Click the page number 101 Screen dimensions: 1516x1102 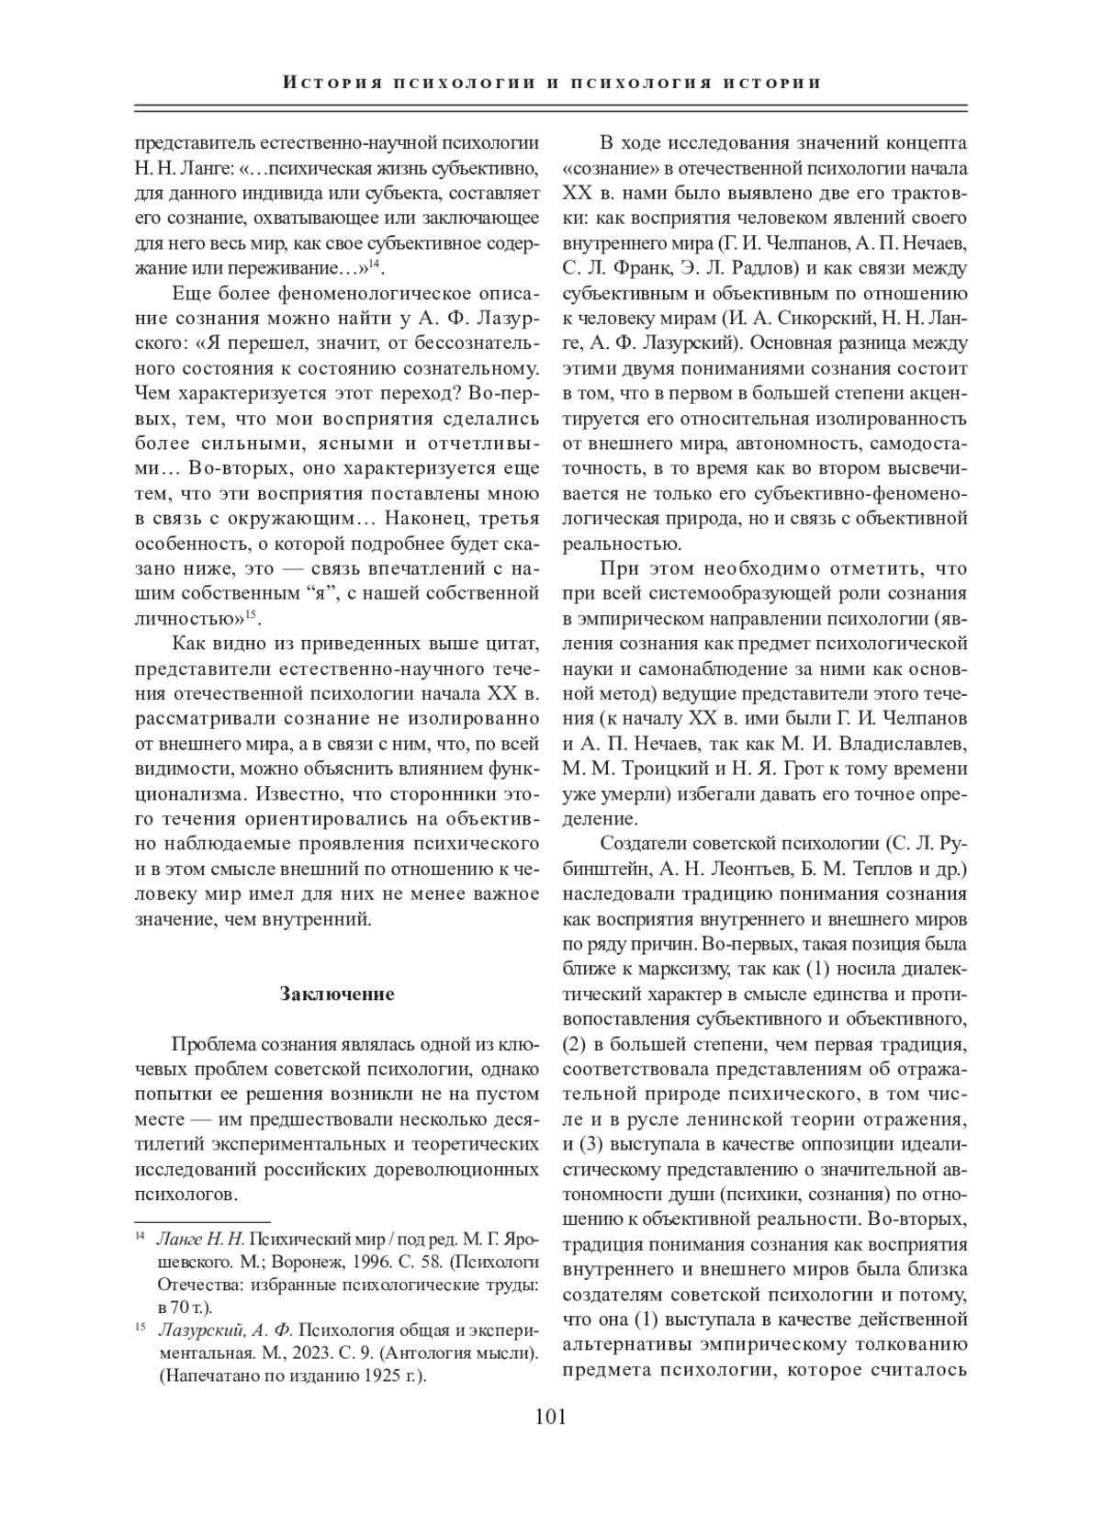click(x=550, y=1416)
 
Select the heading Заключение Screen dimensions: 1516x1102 click(x=336, y=994)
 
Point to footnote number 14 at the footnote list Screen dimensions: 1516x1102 click(x=141, y=1237)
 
